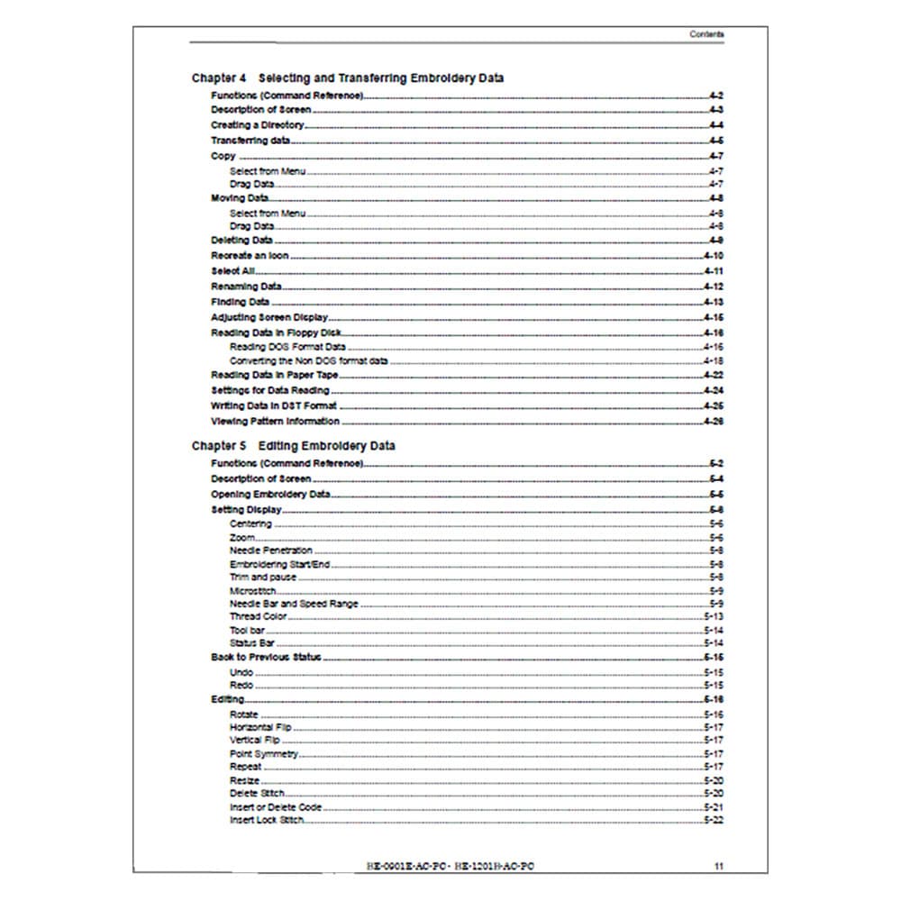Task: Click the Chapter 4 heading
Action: [348, 78]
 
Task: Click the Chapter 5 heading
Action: [293, 446]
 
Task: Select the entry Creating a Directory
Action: [258, 125]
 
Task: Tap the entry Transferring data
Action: [250, 141]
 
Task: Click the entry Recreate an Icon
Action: [250, 256]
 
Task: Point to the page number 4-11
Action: [714, 271]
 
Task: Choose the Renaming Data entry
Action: [246, 287]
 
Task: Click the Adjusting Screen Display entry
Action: [269, 318]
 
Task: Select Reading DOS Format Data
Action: [287, 347]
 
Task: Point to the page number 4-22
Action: [714, 375]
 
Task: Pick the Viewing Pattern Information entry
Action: [275, 421]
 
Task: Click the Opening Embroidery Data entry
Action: [270, 495]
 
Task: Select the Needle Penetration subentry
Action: [271, 551]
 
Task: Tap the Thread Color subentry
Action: [258, 617]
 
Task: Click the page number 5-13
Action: [714, 617]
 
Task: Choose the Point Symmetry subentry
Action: [264, 754]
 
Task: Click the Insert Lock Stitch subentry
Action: [266, 821]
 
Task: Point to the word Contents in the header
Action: [706, 34]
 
